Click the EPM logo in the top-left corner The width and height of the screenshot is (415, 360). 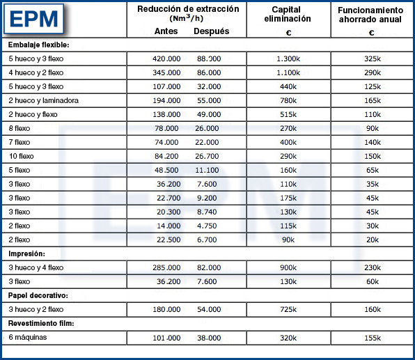point(36,19)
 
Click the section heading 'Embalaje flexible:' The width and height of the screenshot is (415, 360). point(39,45)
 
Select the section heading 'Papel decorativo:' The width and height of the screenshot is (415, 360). point(36,295)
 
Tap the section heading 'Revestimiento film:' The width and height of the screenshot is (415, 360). point(41,323)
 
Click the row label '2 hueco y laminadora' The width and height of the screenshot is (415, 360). point(43,100)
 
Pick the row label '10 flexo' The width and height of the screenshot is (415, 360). point(22,156)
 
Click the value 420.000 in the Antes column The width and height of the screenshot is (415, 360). point(167,58)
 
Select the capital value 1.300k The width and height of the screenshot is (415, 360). point(288,58)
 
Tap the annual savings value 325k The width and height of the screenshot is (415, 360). point(373,58)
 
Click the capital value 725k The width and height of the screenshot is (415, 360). point(288,309)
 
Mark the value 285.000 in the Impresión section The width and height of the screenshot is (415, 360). point(167,267)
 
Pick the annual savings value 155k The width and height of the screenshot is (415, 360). point(373,338)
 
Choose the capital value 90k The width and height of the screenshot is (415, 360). point(288,240)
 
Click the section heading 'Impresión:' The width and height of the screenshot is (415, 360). point(27,253)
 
